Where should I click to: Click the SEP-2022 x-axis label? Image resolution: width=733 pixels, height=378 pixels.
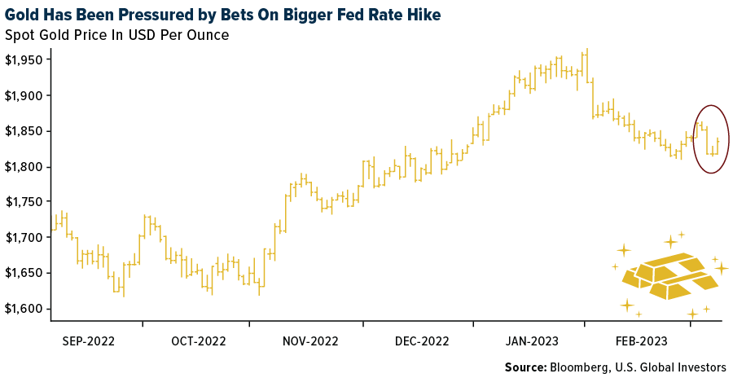point(88,341)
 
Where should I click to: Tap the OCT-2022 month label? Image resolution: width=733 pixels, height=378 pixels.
point(199,341)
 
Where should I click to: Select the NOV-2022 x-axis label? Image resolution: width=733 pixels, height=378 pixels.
point(310,341)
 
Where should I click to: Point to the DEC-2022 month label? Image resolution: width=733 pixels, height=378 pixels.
point(421,341)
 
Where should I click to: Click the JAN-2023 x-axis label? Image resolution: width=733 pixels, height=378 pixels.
point(531,341)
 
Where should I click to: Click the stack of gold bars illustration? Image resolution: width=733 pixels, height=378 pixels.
point(669,278)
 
